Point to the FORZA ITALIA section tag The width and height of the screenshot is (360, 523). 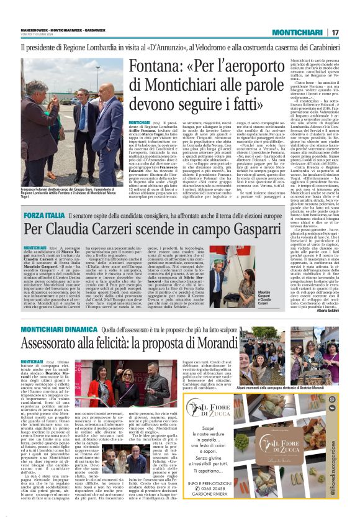tap(44, 214)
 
